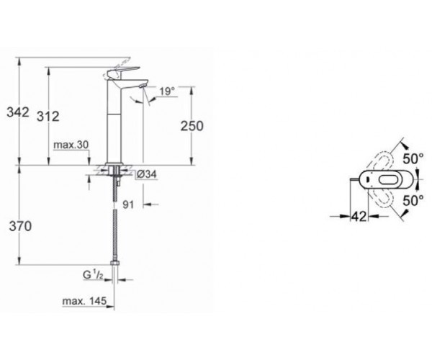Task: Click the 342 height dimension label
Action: [x=18, y=112]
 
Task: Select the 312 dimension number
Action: [x=48, y=117]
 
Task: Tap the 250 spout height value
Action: [x=192, y=126]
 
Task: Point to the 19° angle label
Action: [x=167, y=91]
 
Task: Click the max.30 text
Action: [x=71, y=145]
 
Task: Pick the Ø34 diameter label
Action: [x=147, y=174]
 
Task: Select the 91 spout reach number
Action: [x=128, y=204]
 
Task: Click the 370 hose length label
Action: [x=20, y=226]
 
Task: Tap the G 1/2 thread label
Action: [x=93, y=274]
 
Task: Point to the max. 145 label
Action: [x=84, y=301]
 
